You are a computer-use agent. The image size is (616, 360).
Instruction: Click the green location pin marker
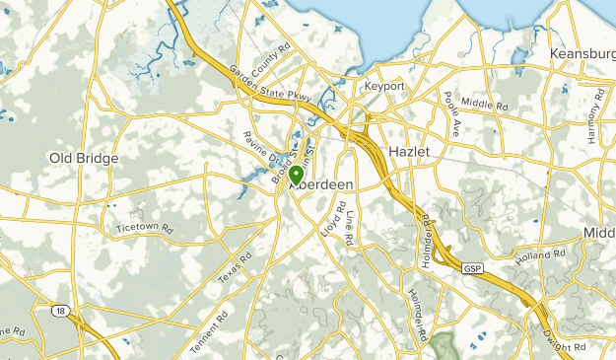coord(296,176)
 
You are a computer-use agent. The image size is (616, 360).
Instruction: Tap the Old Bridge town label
coord(84,158)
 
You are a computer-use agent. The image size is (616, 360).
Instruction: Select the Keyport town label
coord(384,87)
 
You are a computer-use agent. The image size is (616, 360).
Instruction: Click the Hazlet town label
coord(411,150)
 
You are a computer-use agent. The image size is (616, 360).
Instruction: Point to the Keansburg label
coord(582,52)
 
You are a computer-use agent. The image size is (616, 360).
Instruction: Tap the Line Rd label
coord(350,228)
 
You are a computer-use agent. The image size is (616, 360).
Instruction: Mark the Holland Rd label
coord(541,257)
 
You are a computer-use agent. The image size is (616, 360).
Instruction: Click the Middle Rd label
coord(483,103)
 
